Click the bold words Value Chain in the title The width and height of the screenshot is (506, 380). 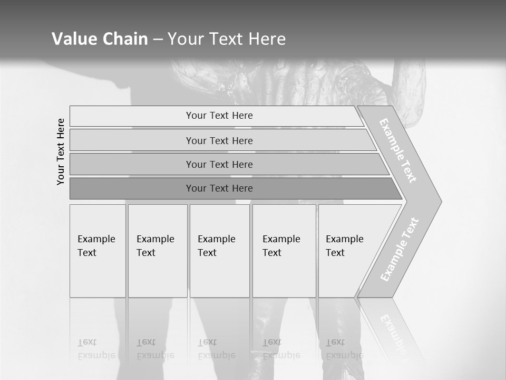pyautogui.click(x=100, y=39)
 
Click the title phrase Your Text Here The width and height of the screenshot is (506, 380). pyautogui.click(x=227, y=39)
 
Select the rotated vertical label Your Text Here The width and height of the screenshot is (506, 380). pyautogui.click(x=61, y=151)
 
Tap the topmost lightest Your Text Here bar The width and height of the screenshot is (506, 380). pyautogui.click(x=219, y=116)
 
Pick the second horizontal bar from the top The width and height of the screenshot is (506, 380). pyautogui.click(x=219, y=140)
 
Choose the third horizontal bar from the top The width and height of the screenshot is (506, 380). pyautogui.click(x=219, y=164)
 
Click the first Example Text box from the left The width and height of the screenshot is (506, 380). pyautogui.click(x=98, y=251)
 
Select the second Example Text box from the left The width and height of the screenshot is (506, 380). pyautogui.click(x=158, y=251)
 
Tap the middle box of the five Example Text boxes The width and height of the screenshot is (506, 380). pyautogui.click(x=219, y=251)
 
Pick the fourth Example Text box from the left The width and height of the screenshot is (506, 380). pyautogui.click(x=284, y=251)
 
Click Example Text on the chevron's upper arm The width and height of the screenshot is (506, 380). pyautogui.click(x=398, y=150)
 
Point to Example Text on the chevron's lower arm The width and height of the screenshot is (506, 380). pyautogui.click(x=400, y=250)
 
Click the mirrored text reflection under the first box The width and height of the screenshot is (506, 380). pyautogui.click(x=96, y=349)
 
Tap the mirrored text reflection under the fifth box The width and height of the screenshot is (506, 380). pyautogui.click(x=344, y=349)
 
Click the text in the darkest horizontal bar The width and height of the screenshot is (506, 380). pyautogui.click(x=219, y=188)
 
